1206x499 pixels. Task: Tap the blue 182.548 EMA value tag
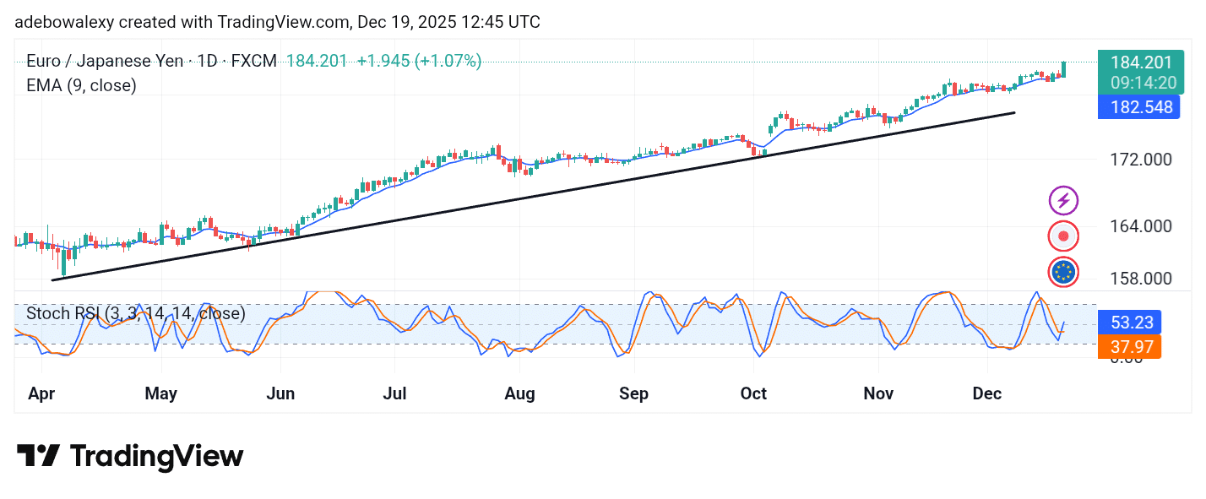coord(1138,106)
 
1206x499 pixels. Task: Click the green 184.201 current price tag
coord(1140,62)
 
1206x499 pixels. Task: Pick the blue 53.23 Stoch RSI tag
coord(1128,323)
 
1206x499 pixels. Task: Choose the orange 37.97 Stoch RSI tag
coord(1128,346)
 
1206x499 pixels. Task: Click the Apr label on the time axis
coord(42,393)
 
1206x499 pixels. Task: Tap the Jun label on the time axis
coord(280,393)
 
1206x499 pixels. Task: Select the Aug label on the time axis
coord(519,393)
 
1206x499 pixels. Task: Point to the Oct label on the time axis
coord(752,393)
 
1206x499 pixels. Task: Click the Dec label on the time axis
coord(986,393)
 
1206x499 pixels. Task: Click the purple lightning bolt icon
coord(1063,201)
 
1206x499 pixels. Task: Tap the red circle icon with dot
coord(1063,236)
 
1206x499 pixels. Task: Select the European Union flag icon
coord(1063,272)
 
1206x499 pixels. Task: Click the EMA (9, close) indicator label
coord(81,85)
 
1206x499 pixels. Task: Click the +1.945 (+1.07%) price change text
coord(419,61)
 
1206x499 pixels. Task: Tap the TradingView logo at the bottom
coord(130,456)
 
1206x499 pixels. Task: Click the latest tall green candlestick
coord(1063,69)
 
